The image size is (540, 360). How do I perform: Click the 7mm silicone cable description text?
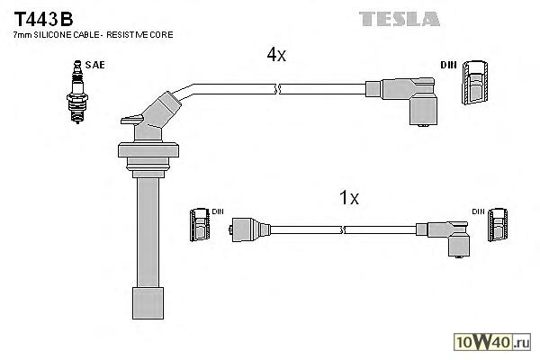pyautogui.click(x=94, y=34)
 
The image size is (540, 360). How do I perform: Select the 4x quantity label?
pyautogui.click(x=275, y=55)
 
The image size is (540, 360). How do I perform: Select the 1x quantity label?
pyautogui.click(x=347, y=198)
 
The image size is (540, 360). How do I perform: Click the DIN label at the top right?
pyautogui.click(x=449, y=64)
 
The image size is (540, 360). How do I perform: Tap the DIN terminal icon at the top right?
pyautogui.click(x=474, y=86)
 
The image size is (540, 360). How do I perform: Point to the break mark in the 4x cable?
pyautogui.click(x=279, y=88)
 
